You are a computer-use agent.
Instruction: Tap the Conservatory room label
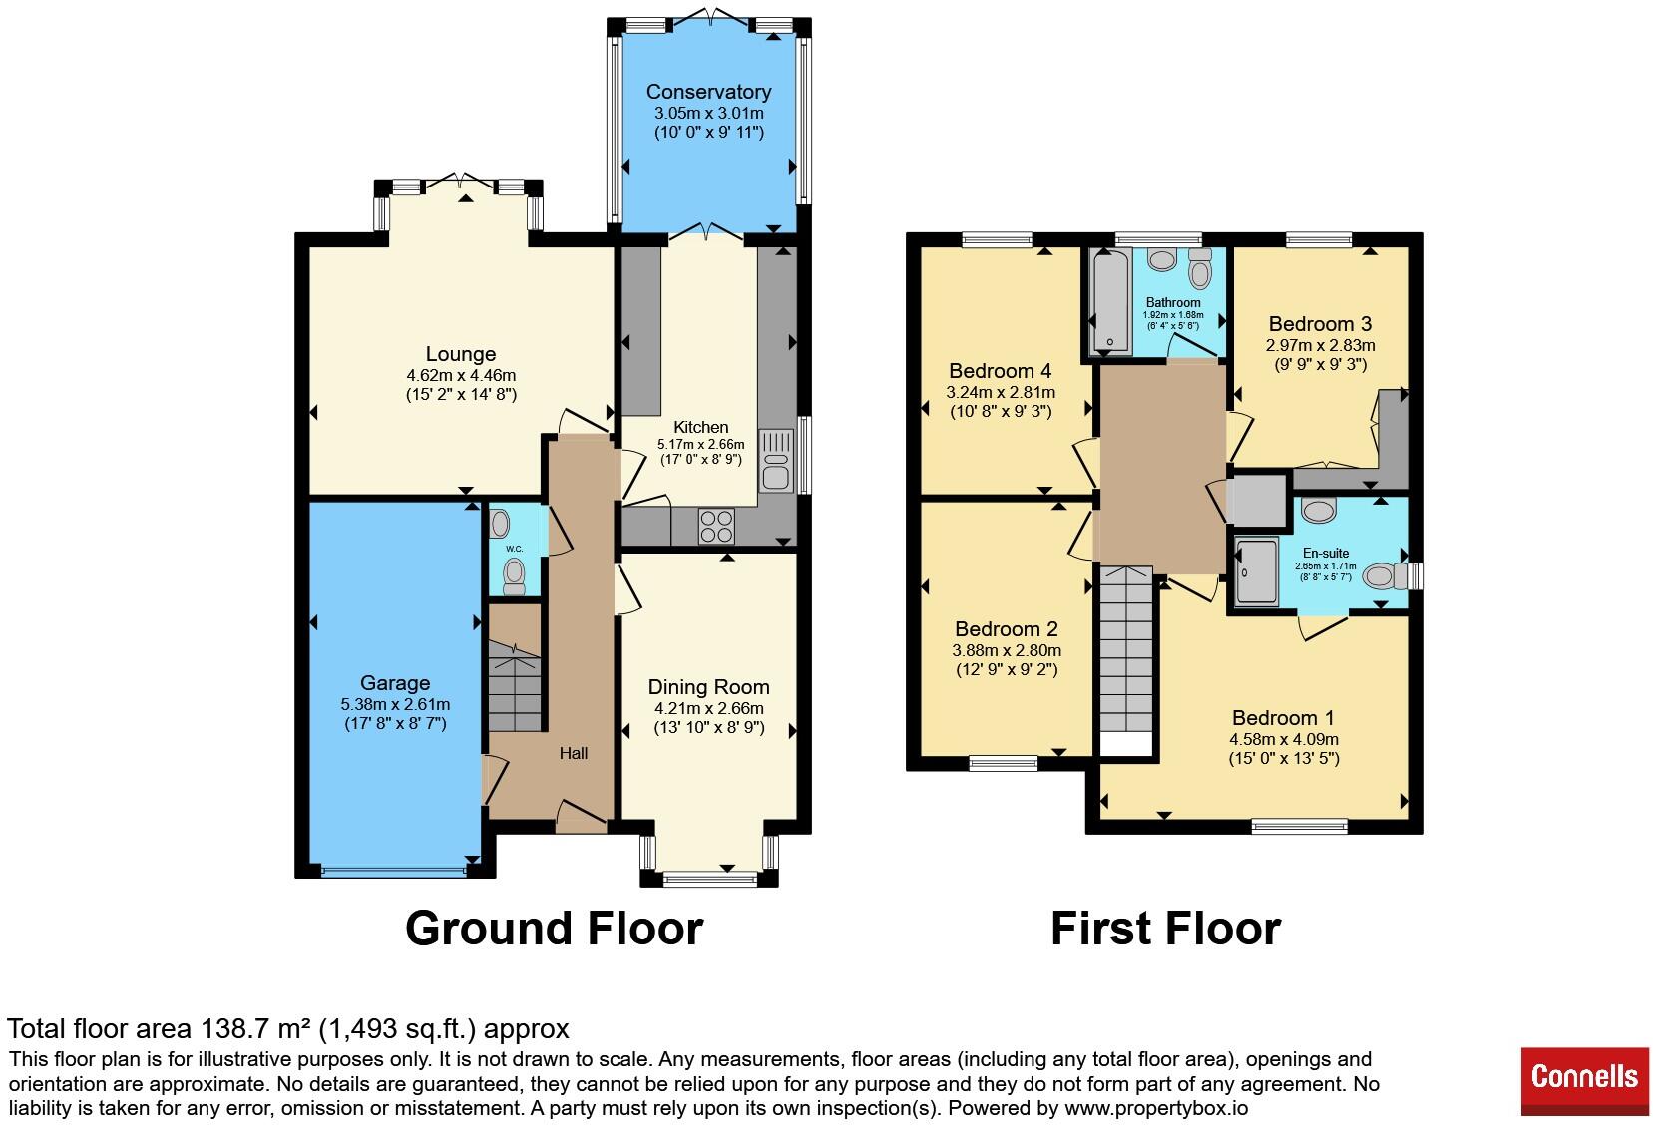(708, 92)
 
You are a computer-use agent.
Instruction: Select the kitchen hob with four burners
(716, 526)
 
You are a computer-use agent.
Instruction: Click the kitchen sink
(775, 461)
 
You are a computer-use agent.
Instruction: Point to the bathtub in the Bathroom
(1110, 301)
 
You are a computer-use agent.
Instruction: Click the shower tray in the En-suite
(1256, 572)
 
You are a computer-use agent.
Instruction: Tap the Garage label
(395, 683)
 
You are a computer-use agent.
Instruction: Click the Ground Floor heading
(555, 929)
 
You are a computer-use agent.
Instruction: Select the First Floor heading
(1165, 929)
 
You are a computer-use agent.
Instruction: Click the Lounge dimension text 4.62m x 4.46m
(461, 375)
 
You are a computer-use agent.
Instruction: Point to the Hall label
(574, 753)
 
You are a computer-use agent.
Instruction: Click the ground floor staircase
(515, 687)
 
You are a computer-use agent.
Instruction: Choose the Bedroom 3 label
(1320, 324)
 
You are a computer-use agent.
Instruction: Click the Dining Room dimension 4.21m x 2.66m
(709, 708)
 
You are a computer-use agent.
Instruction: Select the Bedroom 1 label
(1283, 718)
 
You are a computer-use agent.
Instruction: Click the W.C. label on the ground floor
(515, 549)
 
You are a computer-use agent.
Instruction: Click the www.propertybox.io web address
(1156, 1108)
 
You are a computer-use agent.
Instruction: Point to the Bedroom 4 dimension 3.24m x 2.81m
(1001, 392)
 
